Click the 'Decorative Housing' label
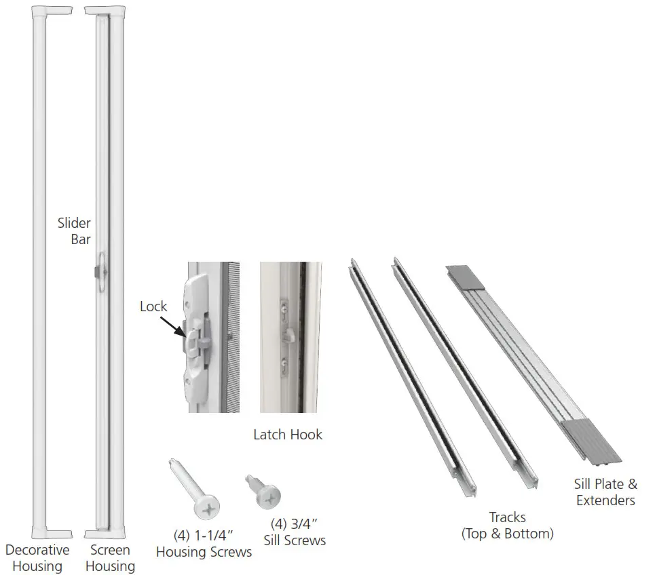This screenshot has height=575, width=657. tap(37, 558)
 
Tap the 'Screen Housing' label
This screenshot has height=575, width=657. tap(110, 558)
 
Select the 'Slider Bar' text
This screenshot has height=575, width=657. tap(74, 231)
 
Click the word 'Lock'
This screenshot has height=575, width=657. tap(153, 306)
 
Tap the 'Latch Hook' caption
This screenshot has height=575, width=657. tap(288, 434)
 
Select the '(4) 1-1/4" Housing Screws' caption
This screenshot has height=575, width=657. tap(204, 544)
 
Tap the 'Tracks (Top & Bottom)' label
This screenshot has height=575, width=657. tap(508, 526)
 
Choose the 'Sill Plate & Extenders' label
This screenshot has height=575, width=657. tap(605, 492)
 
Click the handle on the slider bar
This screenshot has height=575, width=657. tap(100, 272)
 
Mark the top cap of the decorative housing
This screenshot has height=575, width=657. tap(52, 11)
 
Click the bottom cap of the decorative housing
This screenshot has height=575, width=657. tap(52, 534)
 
